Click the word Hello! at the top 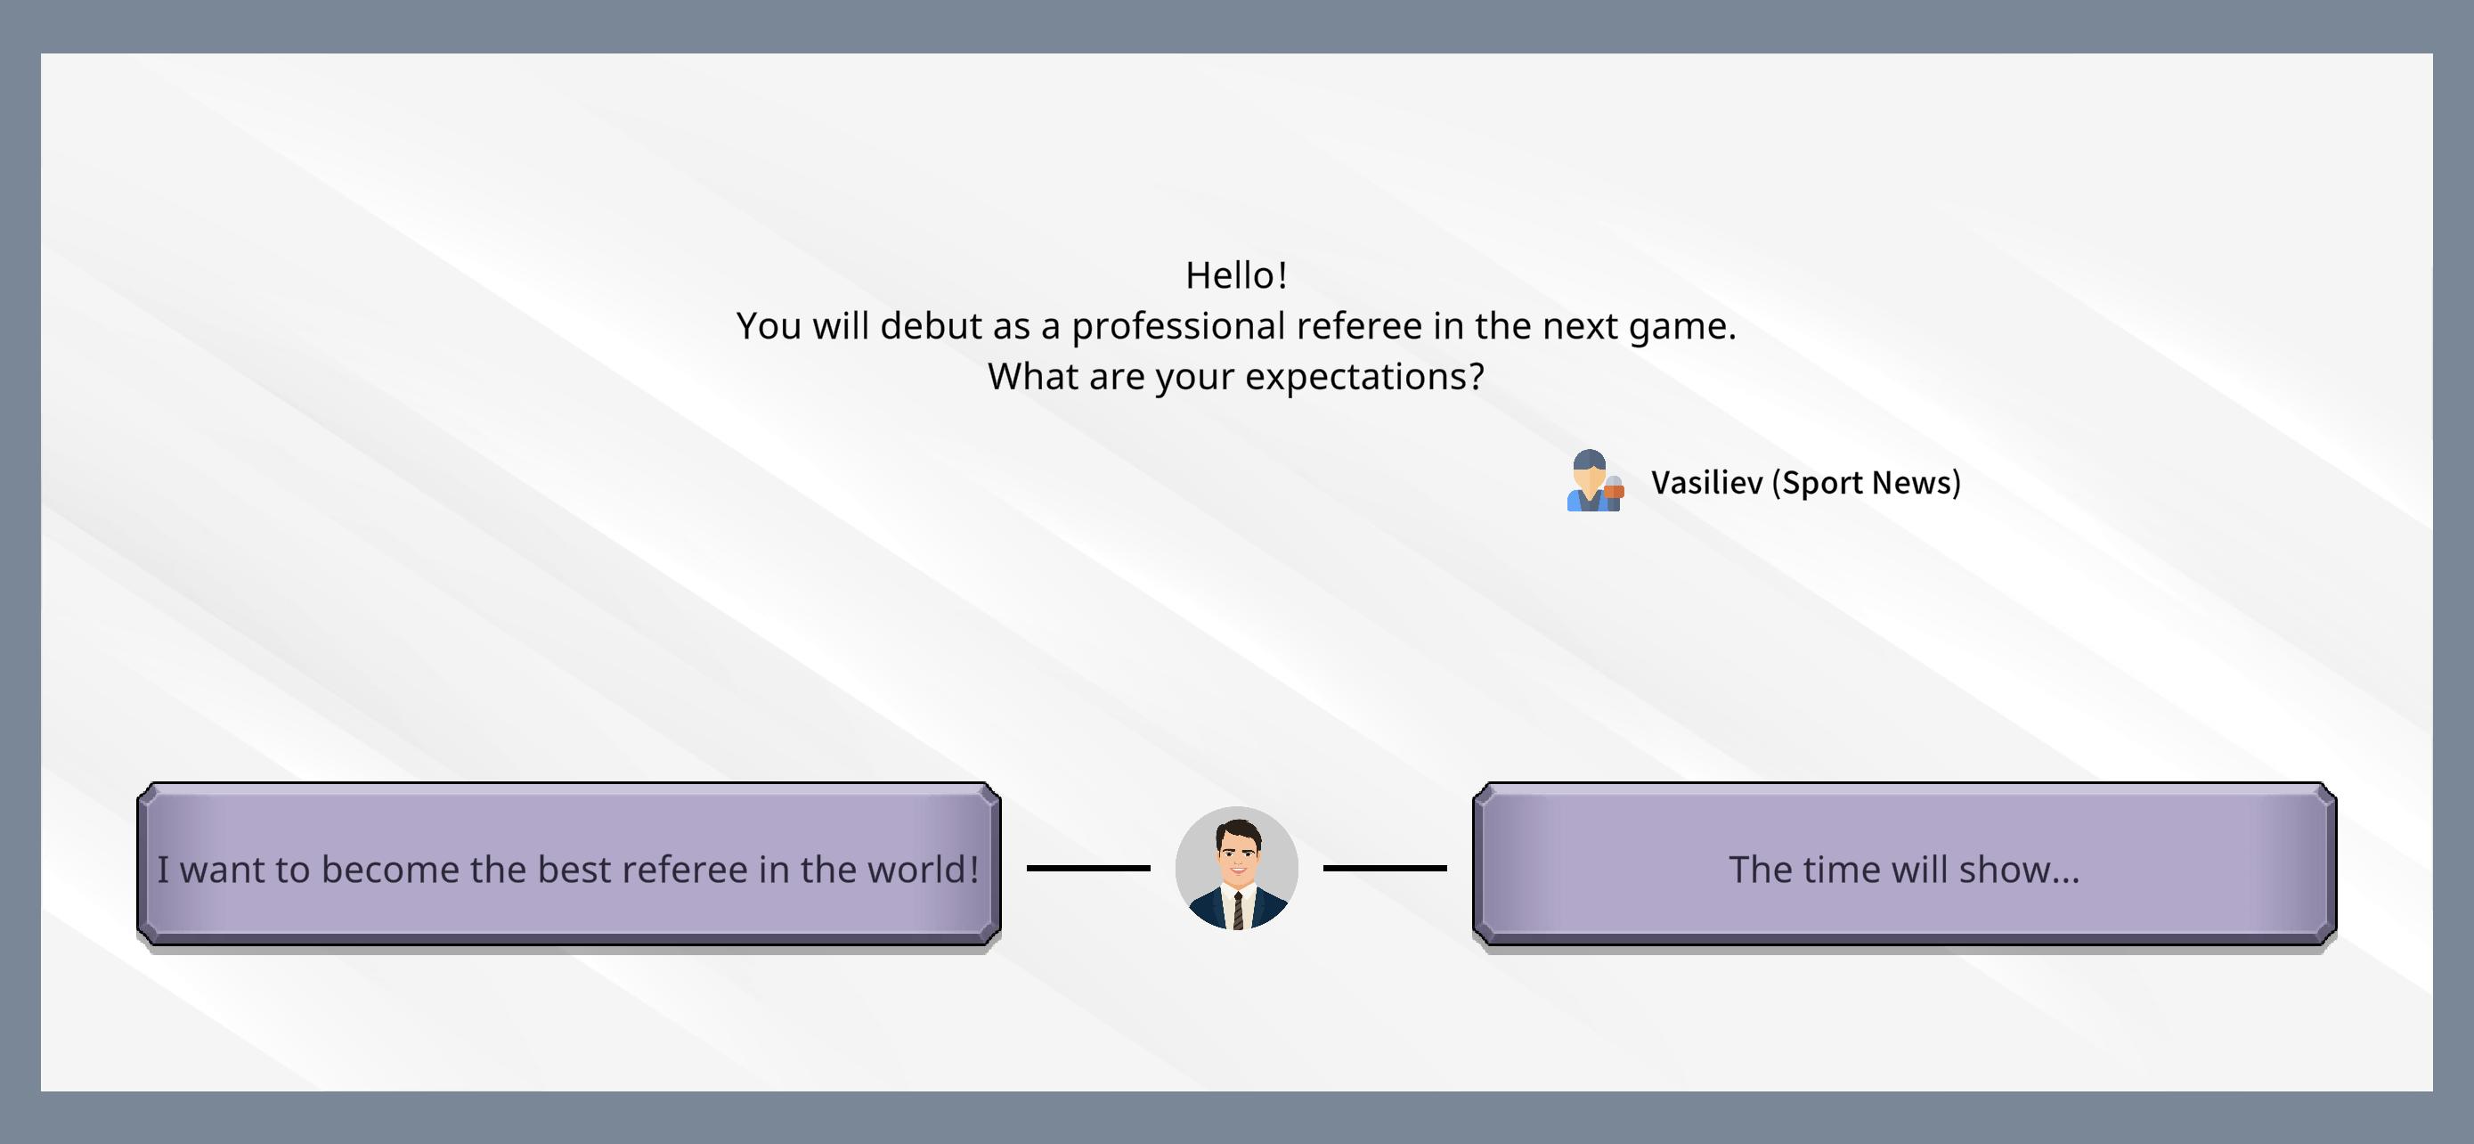point(1236,275)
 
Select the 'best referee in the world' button point(568,863)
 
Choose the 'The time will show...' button point(1904,863)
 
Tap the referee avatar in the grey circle point(1237,869)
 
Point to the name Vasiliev point(1706,482)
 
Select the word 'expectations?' point(1364,378)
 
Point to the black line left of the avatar point(1088,869)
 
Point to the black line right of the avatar point(1385,869)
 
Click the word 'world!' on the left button point(923,870)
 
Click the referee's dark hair point(1238,829)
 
